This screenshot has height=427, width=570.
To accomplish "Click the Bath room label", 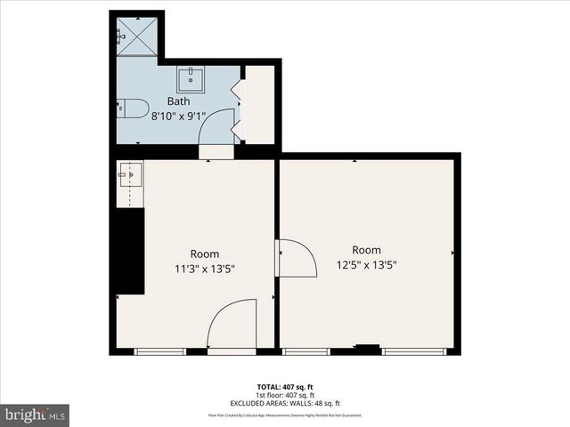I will pos(178,101).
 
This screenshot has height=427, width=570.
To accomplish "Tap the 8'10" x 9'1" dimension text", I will pos(178,115).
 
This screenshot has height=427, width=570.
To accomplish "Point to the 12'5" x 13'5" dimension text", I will pos(366,263).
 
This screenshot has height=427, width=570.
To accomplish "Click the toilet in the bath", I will pos(133,109).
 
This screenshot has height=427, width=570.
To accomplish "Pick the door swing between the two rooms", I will pos(297,258).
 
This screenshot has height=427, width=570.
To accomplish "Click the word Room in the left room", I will pos(204,254).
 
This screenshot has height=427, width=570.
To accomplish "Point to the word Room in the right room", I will pos(366,250).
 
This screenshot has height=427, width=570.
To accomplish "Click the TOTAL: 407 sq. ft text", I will pos(285,385).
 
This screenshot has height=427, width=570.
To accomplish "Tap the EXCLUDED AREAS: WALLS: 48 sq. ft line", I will pos(285,403).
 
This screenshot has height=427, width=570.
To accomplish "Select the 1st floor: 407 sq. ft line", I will pos(285,394).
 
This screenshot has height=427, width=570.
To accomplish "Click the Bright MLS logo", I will pos(36,415).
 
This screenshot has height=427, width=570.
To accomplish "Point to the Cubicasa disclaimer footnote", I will pos(285,415).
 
